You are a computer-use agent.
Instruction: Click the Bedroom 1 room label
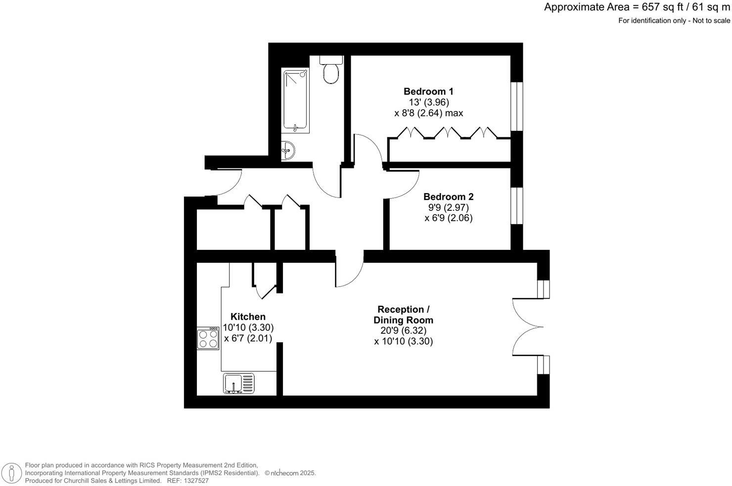428,91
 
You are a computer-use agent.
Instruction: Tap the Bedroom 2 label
448,197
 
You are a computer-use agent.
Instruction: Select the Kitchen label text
248,317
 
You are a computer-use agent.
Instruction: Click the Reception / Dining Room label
403,315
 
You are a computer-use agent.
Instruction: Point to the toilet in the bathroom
330,72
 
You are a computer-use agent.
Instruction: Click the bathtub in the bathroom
296,101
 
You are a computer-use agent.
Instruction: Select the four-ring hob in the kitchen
208,339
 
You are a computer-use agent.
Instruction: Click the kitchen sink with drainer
239,383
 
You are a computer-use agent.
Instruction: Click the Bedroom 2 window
516,205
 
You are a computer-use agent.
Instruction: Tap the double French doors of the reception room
527,326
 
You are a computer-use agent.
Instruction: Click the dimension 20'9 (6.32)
403,331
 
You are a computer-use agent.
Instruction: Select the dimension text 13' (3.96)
428,102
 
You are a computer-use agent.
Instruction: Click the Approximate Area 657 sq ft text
637,7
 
